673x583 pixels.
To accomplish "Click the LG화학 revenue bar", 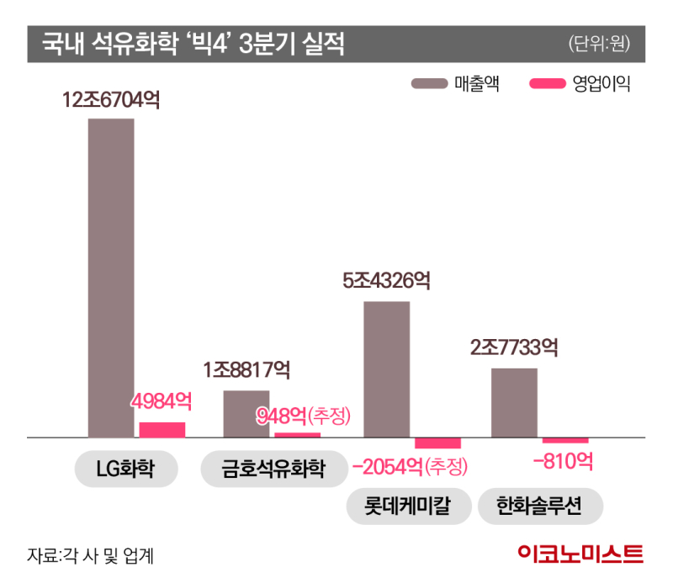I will pyautogui.click(x=111, y=278).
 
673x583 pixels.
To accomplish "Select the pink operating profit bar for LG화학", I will pyautogui.click(x=162, y=430).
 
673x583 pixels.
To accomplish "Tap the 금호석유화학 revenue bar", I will pyautogui.click(x=246, y=414).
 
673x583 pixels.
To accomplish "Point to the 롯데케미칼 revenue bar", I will pyautogui.click(x=386, y=369).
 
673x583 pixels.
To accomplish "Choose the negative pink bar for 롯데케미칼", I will pyautogui.click(x=437, y=443).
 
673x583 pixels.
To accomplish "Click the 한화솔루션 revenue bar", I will pyautogui.click(x=514, y=403).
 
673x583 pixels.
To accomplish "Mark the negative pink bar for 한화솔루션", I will pyautogui.click(x=565, y=441).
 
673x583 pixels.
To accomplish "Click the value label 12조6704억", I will pyautogui.click(x=110, y=100).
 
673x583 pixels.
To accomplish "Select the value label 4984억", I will pyautogui.click(x=162, y=402).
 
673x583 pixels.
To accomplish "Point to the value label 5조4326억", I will pyautogui.click(x=387, y=281).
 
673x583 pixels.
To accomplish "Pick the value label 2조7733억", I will pyautogui.click(x=514, y=347).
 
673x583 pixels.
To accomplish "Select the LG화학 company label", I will pyautogui.click(x=126, y=469).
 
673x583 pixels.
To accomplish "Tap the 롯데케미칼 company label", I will pyautogui.click(x=407, y=506).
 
